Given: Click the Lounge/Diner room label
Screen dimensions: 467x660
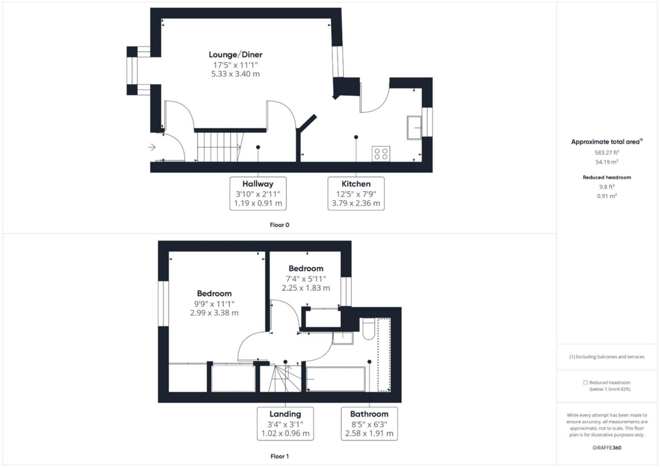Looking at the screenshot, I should pyautogui.click(x=235, y=54).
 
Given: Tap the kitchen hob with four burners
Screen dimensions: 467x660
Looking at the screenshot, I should pyautogui.click(x=381, y=154).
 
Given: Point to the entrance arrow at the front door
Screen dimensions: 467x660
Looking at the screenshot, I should pyautogui.click(x=152, y=147).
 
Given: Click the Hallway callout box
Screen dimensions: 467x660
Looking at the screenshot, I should pyautogui.click(x=258, y=193).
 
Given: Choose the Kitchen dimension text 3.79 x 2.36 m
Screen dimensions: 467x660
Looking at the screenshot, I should pyautogui.click(x=356, y=203).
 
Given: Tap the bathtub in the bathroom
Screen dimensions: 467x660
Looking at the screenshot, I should pyautogui.click(x=336, y=379).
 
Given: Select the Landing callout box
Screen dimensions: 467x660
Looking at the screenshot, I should pyautogui.click(x=285, y=424).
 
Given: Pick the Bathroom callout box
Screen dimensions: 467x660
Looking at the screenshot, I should pyautogui.click(x=369, y=424).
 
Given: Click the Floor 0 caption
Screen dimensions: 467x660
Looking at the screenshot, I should pyautogui.click(x=279, y=225).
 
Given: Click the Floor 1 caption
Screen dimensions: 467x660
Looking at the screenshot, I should pyautogui.click(x=279, y=456).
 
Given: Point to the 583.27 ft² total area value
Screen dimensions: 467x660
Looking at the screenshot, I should pyautogui.click(x=607, y=153).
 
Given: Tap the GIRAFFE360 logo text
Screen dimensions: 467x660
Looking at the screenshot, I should pyautogui.click(x=606, y=448).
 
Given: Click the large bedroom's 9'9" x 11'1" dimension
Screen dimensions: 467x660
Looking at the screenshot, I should pyautogui.click(x=214, y=304).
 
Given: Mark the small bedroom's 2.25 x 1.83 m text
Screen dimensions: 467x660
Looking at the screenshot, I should pyautogui.click(x=306, y=288).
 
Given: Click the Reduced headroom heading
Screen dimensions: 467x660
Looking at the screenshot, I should pyautogui.click(x=606, y=177).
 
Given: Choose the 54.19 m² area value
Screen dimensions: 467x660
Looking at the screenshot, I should pyautogui.click(x=607, y=162).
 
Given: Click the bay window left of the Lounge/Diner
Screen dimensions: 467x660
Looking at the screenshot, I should pyautogui.click(x=131, y=70).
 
